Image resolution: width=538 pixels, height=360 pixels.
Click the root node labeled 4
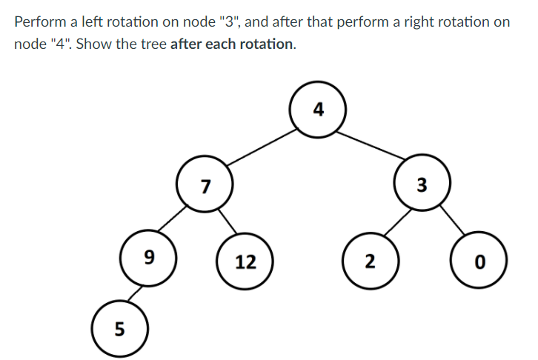pyautogui.click(x=319, y=112)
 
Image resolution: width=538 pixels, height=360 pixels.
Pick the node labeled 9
pyautogui.click(x=150, y=258)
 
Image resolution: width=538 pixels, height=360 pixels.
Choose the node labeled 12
pyautogui.click(x=245, y=261)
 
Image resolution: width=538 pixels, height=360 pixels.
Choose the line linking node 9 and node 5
pyautogui.click(x=134, y=292)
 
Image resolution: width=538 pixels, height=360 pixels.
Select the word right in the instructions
pyautogui.click(x=398, y=21)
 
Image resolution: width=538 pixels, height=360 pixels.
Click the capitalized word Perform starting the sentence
pyautogui.click(x=41, y=21)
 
